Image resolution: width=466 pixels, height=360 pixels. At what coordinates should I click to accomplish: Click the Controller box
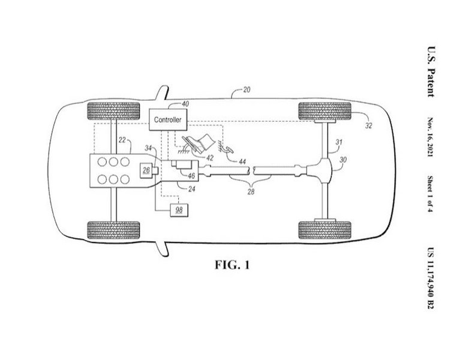[x=168, y=119]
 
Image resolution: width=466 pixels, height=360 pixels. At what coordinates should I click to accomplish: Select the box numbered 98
[x=179, y=210]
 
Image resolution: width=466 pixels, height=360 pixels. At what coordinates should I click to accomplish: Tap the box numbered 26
[x=146, y=170]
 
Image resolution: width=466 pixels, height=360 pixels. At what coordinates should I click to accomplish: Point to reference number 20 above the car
[x=246, y=90]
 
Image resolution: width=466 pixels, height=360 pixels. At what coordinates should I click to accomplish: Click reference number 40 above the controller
[x=185, y=104]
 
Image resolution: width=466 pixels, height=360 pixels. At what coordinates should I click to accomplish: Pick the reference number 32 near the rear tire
[x=368, y=126]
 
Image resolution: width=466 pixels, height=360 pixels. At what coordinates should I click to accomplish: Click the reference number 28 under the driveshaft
[x=251, y=192]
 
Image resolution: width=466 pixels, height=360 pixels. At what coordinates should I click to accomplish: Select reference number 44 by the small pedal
[x=242, y=162]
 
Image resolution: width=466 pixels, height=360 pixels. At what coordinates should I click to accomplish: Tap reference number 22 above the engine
[x=122, y=140]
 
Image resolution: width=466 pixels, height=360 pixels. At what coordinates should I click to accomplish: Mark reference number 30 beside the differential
[x=343, y=160]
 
